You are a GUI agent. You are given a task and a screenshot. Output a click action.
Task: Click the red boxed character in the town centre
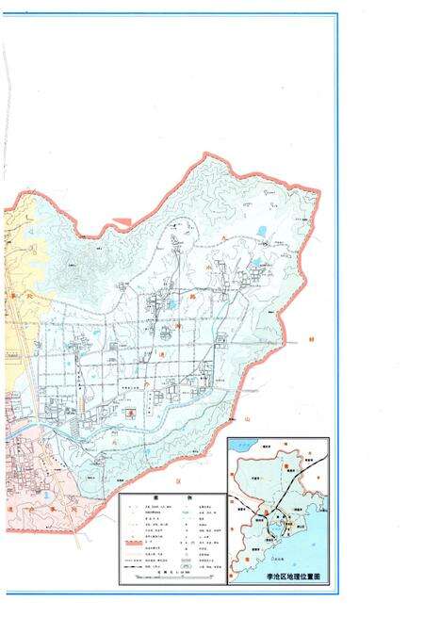click(x=134, y=412)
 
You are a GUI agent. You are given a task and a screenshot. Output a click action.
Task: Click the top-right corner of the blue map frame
click(x=337, y=13)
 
